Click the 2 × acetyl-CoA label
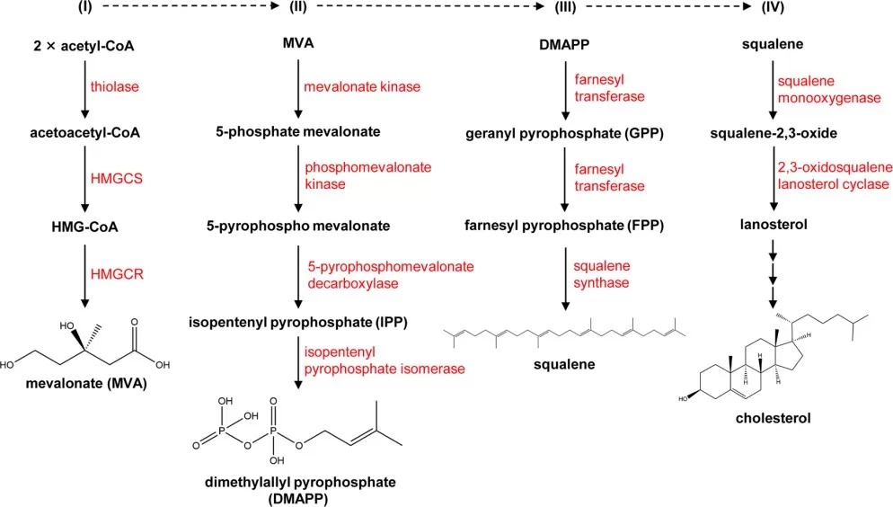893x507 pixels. [x=84, y=44]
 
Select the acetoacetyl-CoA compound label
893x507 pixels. [x=84, y=133]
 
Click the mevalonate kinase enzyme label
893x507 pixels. [x=362, y=87]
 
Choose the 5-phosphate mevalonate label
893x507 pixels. [x=296, y=133]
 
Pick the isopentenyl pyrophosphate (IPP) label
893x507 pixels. [x=296, y=321]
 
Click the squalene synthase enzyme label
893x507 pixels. [x=602, y=274]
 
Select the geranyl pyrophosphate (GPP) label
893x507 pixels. [x=563, y=133]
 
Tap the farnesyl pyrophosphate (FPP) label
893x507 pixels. [x=563, y=225]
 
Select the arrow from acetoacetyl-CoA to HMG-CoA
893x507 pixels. [x=84, y=179]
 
